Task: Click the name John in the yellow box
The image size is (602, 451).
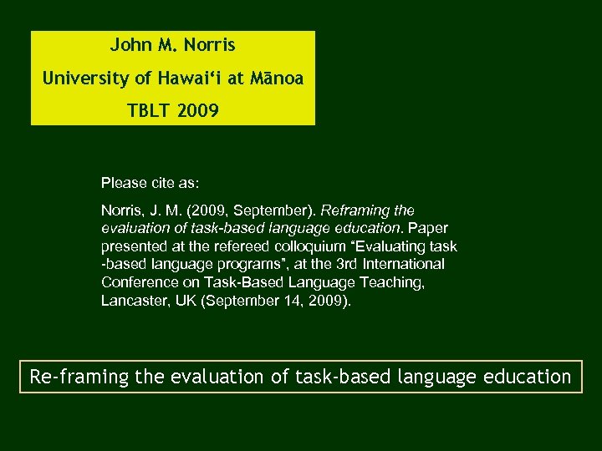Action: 126,45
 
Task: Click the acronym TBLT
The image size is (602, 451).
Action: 147,110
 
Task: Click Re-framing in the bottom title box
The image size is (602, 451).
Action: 79,376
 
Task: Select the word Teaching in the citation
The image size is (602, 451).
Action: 395,282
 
